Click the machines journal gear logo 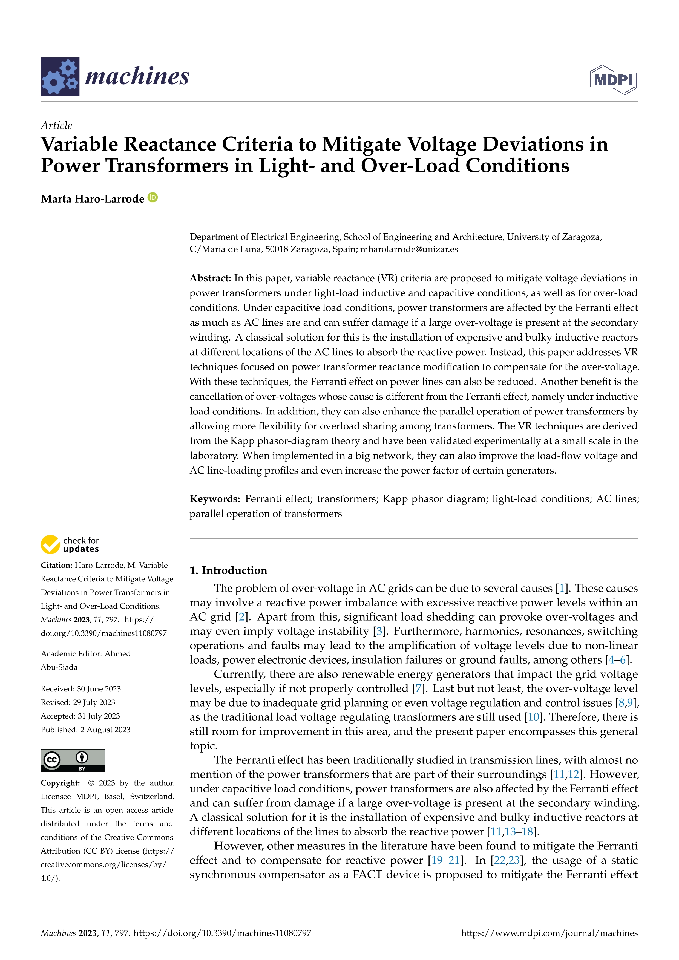click(60, 77)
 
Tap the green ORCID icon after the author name click(153, 197)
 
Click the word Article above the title click(56, 125)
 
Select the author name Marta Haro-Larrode click(92, 199)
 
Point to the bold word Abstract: click(210, 278)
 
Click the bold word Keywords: click(214, 499)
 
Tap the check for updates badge click(70, 544)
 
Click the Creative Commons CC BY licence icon click(73, 760)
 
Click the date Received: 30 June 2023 click(81, 689)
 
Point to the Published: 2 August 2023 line click(85, 730)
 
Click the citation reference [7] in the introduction click(417, 689)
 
